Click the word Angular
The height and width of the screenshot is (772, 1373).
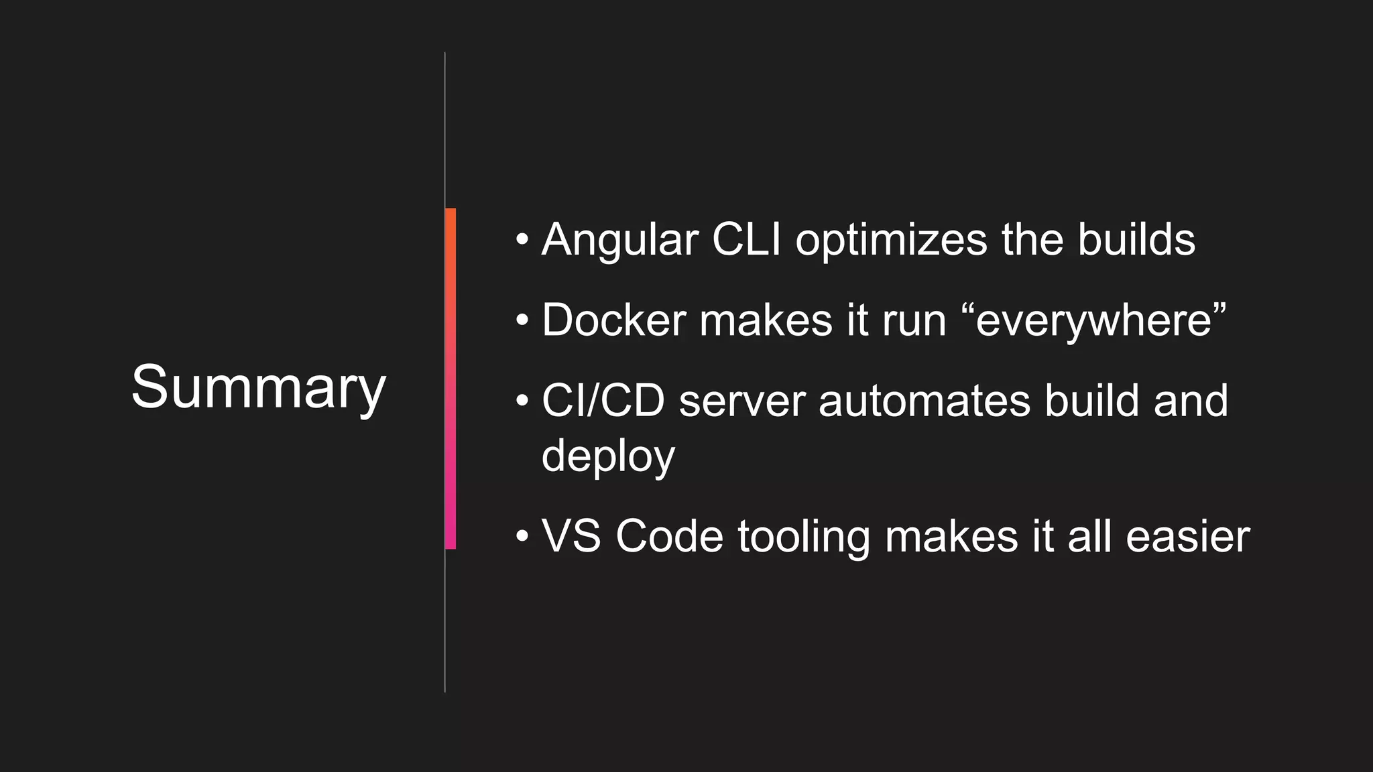click(x=619, y=241)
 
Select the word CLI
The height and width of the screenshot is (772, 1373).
click(x=746, y=239)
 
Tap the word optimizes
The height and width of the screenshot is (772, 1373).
click(x=892, y=241)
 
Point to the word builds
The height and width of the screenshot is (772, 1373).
click(x=1136, y=239)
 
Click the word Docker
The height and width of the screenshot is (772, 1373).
click(x=614, y=320)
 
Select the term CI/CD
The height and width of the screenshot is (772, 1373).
click(x=603, y=401)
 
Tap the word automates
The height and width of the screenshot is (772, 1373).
click(x=924, y=401)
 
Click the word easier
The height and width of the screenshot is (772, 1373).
click(x=1188, y=536)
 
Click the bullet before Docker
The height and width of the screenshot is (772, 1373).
click(x=522, y=320)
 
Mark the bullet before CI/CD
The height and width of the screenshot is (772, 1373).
click(x=522, y=401)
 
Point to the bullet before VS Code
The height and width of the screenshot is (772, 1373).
click(x=522, y=536)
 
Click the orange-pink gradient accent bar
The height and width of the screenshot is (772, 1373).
click(x=451, y=379)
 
